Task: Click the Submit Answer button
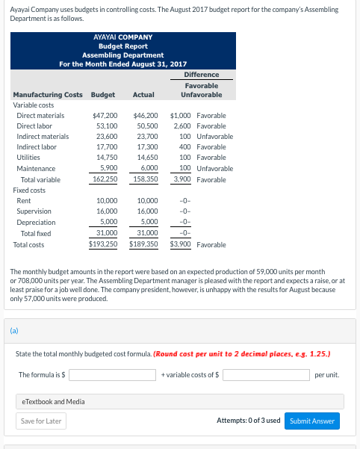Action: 311,421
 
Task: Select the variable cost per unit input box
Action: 266,374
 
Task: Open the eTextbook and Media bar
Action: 179,401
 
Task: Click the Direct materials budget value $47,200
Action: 105,116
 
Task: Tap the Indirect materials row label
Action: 43,137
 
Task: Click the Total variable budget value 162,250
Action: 105,179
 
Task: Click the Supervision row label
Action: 34,211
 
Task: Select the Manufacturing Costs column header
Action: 48,95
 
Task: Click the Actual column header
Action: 143,95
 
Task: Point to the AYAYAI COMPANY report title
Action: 123,37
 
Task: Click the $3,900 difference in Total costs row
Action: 181,244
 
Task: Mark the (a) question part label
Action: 14,327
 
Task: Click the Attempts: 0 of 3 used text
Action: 248,421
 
